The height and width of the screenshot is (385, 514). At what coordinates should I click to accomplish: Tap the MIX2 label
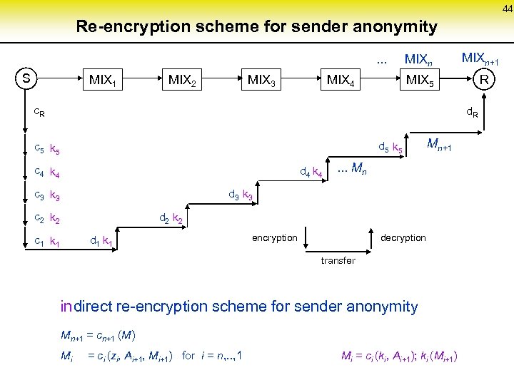[182, 80]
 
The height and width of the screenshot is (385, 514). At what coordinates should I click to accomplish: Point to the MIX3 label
[262, 80]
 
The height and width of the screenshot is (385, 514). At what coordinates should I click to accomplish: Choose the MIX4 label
[342, 80]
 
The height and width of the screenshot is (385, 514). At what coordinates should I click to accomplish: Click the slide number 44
[506, 8]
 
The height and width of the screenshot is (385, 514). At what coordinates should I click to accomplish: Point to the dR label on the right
[472, 112]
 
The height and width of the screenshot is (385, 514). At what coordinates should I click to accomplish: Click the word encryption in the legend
[274, 237]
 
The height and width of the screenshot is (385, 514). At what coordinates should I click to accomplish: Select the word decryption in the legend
[403, 237]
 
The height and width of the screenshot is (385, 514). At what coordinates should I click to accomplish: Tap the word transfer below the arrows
[338, 261]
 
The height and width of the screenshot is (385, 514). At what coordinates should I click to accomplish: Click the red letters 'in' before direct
[66, 307]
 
